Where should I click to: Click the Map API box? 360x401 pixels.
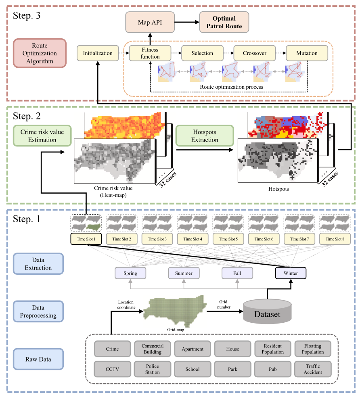pos(150,22)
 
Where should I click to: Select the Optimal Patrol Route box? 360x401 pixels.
pos(224,22)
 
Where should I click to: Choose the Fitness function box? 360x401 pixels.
pos(150,53)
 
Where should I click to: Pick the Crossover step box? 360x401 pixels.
pos(254,53)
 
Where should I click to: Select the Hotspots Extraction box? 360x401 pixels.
pos(204,136)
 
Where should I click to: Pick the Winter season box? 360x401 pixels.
pos(291,273)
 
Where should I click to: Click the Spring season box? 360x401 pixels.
pos(130,273)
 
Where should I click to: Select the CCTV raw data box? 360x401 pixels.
pos(112,369)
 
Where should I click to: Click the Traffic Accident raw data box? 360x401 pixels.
pos(313,369)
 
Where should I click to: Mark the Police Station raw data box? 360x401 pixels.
pos(153,369)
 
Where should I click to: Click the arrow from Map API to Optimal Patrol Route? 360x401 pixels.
pos(187,22)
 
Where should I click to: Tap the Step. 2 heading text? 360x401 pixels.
pos(27,117)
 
